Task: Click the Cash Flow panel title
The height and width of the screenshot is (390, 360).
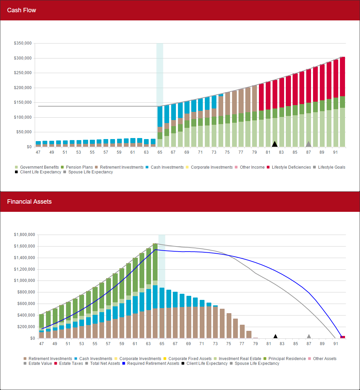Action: (x=21, y=10)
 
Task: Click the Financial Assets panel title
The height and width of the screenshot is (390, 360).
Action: (x=29, y=202)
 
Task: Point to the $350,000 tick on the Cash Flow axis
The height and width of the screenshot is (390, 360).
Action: (x=23, y=44)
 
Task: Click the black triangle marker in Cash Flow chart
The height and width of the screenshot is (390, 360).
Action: (x=275, y=144)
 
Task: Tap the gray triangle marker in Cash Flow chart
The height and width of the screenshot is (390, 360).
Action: (x=309, y=144)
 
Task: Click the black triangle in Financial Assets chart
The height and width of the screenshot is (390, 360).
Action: (x=276, y=336)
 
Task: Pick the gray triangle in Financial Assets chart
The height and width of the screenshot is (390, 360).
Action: (x=309, y=336)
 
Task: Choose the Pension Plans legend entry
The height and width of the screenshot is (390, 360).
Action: (x=78, y=167)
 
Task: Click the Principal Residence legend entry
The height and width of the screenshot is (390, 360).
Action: (x=287, y=359)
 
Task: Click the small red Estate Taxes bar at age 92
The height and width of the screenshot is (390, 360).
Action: (x=343, y=337)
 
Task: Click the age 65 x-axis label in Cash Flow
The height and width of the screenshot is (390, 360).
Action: (x=160, y=152)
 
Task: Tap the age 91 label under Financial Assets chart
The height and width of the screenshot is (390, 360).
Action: (x=336, y=344)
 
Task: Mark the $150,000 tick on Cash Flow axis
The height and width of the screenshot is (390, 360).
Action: (x=23, y=102)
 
